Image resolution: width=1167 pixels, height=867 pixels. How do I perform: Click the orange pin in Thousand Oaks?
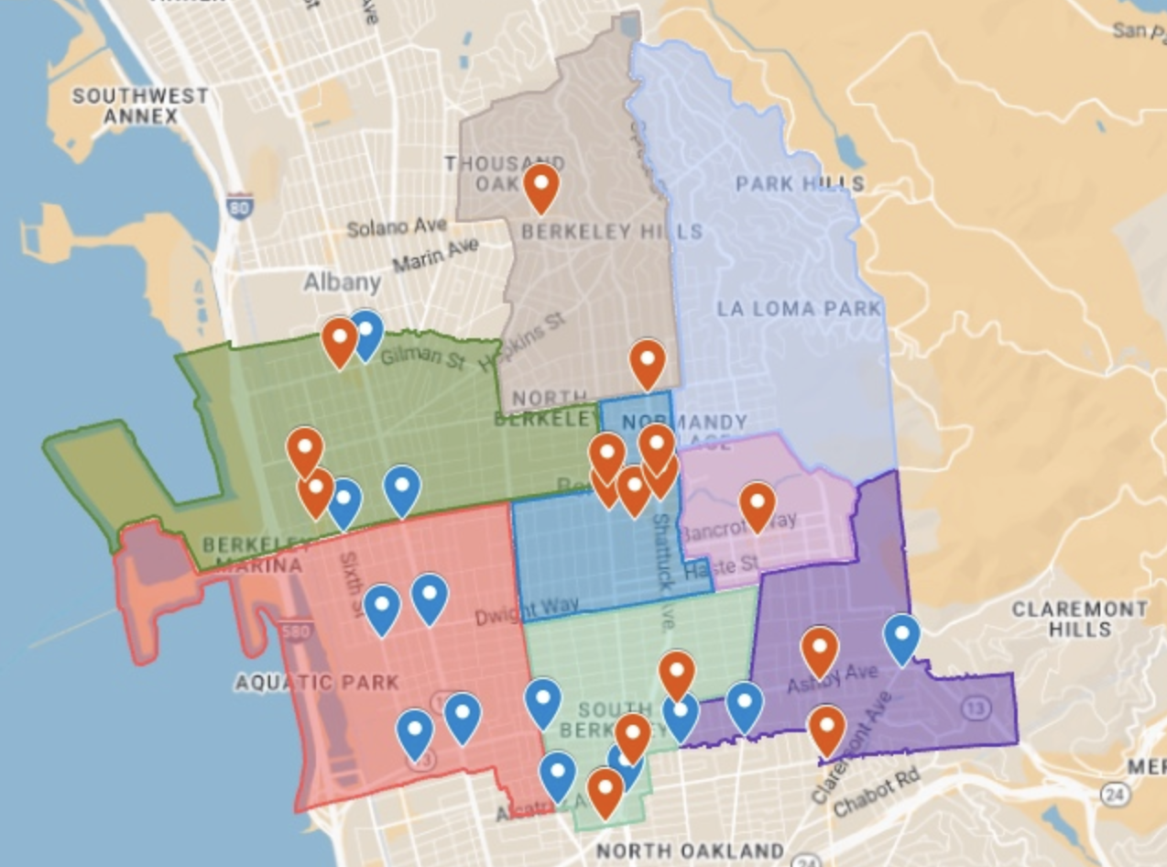click(x=541, y=186)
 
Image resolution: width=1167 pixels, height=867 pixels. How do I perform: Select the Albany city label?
click(x=342, y=280)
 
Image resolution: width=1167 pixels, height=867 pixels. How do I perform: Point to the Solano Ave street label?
click(x=397, y=226)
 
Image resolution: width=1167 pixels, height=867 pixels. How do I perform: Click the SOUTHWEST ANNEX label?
click(x=140, y=105)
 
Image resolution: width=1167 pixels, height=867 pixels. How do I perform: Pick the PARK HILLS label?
click(x=800, y=183)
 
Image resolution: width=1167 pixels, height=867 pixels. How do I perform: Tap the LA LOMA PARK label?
click(x=799, y=308)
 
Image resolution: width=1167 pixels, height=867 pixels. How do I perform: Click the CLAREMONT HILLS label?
click(x=1080, y=619)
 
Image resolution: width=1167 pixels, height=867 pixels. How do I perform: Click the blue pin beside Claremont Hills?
click(x=901, y=637)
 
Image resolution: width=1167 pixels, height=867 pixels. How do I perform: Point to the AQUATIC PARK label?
click(x=317, y=682)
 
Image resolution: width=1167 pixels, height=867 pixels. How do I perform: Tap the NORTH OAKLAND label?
click(x=690, y=850)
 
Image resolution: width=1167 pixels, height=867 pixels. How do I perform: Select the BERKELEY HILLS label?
click(x=612, y=232)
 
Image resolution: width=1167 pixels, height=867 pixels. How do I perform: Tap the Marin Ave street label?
click(x=436, y=254)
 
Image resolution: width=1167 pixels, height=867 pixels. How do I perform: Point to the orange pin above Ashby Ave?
click(x=819, y=650)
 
